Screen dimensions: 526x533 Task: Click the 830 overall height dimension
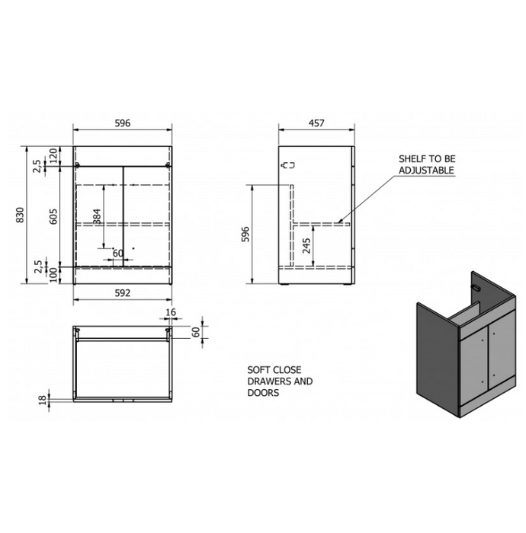[20, 215]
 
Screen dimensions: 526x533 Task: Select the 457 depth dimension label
[316, 123]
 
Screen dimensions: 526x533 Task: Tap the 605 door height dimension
[53, 216]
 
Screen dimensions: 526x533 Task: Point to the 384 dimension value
[97, 216]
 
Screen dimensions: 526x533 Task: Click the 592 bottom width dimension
[123, 292]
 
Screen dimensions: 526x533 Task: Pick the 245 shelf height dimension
[306, 245]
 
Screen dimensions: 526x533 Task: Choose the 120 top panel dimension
[53, 155]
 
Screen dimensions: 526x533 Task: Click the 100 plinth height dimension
[53, 276]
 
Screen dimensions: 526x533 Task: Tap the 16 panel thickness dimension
[171, 311]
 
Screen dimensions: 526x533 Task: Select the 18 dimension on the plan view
[42, 400]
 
